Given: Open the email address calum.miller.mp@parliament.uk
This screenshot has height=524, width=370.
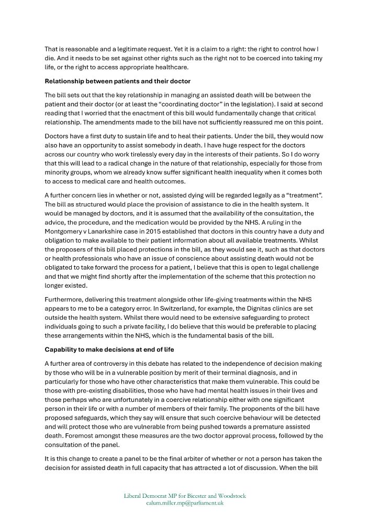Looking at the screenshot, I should pos(185,503).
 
